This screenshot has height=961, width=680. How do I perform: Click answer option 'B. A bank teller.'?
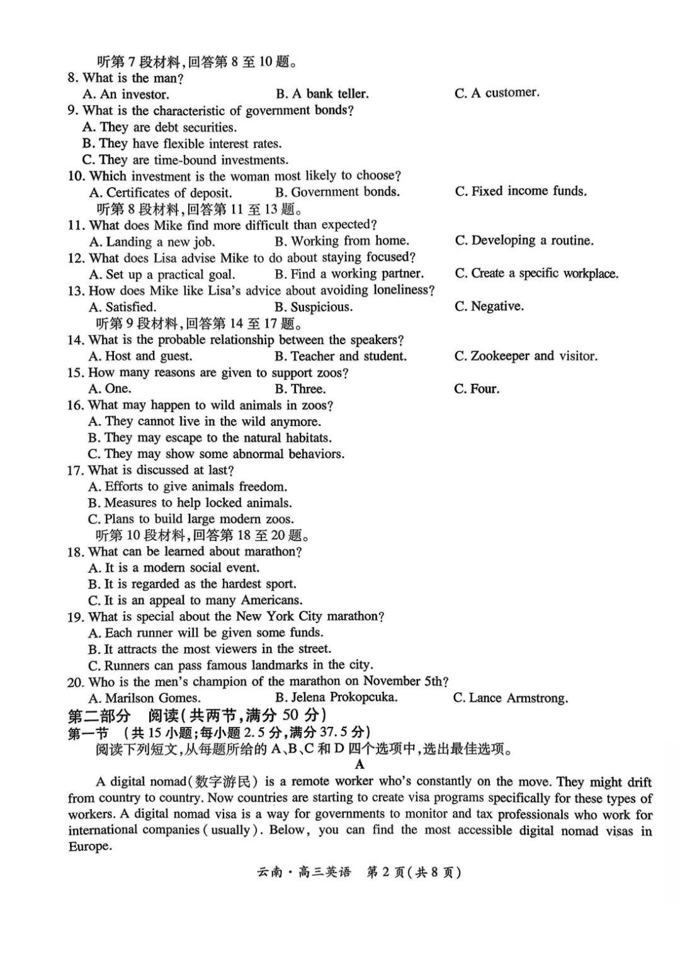[x=322, y=94]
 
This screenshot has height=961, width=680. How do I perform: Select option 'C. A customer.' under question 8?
[x=497, y=93]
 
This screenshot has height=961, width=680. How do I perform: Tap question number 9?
[x=72, y=111]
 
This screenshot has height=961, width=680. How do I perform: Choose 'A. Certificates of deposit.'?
[x=161, y=193]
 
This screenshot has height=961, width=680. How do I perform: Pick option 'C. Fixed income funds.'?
[x=521, y=191]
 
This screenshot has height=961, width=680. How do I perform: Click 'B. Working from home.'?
[x=342, y=241]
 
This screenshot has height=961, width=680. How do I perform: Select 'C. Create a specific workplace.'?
[x=536, y=274]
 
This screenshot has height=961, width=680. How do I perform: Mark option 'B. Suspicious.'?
[x=314, y=307]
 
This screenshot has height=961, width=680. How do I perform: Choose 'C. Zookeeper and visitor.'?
[x=526, y=356]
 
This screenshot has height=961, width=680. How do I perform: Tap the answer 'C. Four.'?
[x=477, y=389]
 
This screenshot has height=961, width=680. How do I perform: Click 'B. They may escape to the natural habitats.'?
[x=210, y=438]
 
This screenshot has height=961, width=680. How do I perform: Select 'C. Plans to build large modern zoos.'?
[x=191, y=519]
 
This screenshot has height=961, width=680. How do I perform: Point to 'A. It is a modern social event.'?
[x=174, y=568]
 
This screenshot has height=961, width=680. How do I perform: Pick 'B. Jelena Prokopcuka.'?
[x=336, y=697]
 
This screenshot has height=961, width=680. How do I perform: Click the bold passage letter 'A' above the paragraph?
[x=360, y=765]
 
